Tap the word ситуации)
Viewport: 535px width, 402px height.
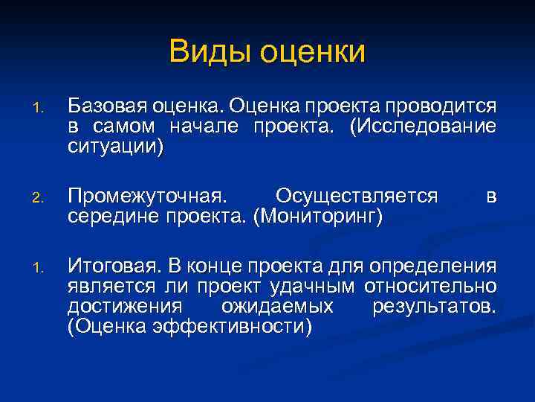pos(125,145)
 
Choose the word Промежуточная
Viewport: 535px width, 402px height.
pos(146,197)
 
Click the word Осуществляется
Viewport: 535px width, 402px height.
pos(356,197)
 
